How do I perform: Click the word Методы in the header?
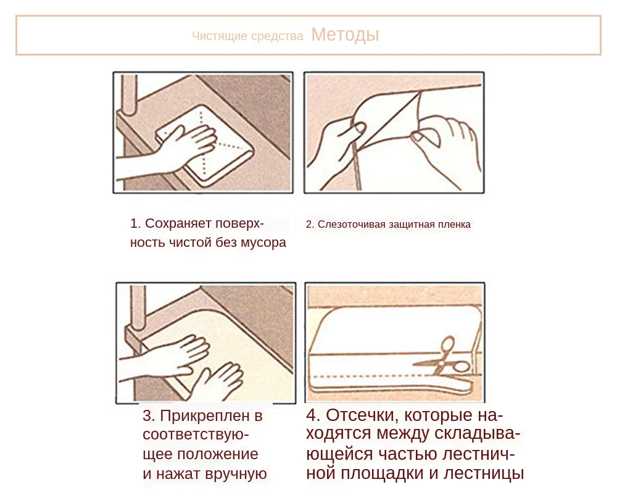tap(345, 35)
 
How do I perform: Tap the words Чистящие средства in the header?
tap(247, 36)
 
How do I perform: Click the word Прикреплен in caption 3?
tap(205, 416)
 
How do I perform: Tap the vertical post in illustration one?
tap(129, 94)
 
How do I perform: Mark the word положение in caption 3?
tap(218, 454)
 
